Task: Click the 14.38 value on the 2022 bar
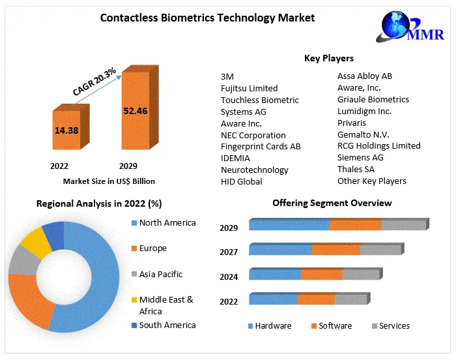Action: (x=66, y=130)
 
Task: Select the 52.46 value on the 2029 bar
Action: (x=135, y=111)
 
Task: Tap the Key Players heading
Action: (x=329, y=59)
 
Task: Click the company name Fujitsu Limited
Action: (x=249, y=88)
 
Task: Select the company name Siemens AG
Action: (x=360, y=157)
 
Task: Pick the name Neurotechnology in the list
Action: (x=254, y=170)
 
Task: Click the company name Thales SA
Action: (x=356, y=169)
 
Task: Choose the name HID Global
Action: (x=242, y=181)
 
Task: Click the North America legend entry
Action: (x=167, y=223)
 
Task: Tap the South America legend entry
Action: (x=167, y=325)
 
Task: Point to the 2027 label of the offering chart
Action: (x=229, y=252)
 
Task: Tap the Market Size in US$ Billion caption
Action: (x=109, y=181)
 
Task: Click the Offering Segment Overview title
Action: (x=332, y=203)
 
